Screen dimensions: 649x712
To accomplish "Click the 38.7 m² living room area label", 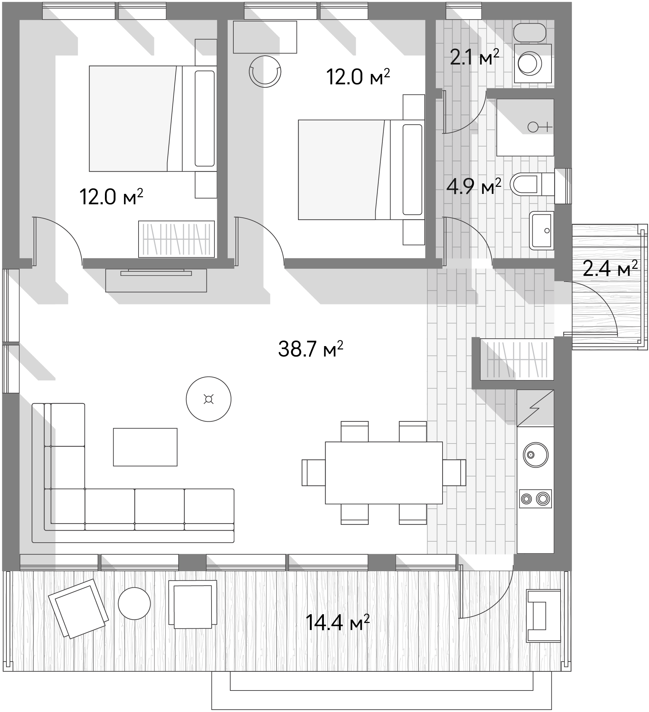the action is [310, 349].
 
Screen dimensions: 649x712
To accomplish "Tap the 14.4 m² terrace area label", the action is [337, 622].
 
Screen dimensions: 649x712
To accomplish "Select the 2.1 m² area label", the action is [474, 57].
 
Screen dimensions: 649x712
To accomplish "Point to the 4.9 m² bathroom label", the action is [474, 186].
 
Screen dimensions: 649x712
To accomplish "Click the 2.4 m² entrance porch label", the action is [610, 268].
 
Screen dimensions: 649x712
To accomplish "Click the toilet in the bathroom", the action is [532, 184].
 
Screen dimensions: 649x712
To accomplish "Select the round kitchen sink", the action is [535, 455].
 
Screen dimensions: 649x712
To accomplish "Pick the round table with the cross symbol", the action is [208, 399].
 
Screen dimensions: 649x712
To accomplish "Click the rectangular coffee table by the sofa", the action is [145, 447].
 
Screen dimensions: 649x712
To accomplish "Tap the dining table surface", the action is [384, 472].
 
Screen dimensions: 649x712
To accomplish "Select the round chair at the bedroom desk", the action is [265, 72].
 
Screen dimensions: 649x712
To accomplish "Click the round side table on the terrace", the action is [134, 603].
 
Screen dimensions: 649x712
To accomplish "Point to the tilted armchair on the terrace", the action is [78, 609].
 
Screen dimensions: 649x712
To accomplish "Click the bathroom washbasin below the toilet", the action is [541, 231].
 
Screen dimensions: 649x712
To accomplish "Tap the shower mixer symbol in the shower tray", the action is [539, 127].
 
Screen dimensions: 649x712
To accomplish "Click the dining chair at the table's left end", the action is [313, 472].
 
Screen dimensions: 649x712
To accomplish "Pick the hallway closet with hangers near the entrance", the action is [517, 360].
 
